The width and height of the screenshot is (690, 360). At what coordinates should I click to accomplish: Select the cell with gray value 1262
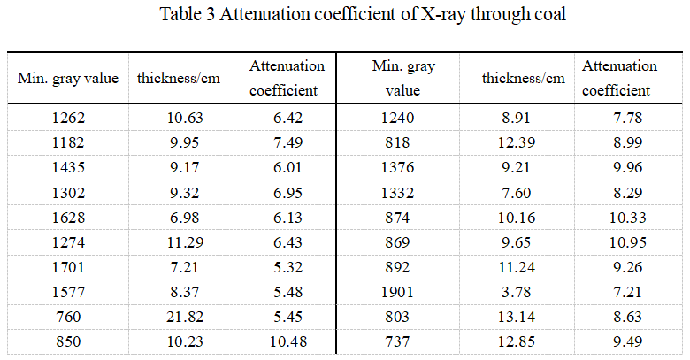click(68, 118)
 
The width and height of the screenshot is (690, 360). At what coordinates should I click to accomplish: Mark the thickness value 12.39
click(523, 141)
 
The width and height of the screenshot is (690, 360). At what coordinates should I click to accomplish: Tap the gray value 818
click(403, 141)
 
